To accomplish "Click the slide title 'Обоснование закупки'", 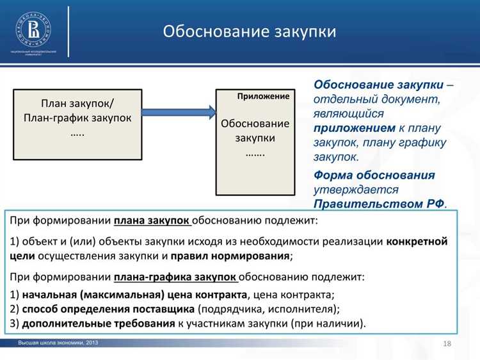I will coord(249,31).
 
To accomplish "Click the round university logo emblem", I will coord(33,28).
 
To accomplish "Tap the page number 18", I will coord(447,345).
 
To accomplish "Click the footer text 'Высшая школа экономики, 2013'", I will coord(58,344).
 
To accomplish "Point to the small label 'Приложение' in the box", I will coord(263,96).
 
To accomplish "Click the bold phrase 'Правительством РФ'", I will coord(378,204).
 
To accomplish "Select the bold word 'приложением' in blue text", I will coord(354,127).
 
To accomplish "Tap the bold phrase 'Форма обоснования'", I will coord(374,175).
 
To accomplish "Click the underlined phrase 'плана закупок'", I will coord(152,221).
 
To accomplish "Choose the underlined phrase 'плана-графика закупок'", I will coord(176,277).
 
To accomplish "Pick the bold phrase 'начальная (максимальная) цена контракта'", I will coord(134,295).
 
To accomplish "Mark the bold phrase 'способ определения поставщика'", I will coord(108,309).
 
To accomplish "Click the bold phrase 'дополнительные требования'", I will coord(99,323).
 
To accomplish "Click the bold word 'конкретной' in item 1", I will coord(417,241).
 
